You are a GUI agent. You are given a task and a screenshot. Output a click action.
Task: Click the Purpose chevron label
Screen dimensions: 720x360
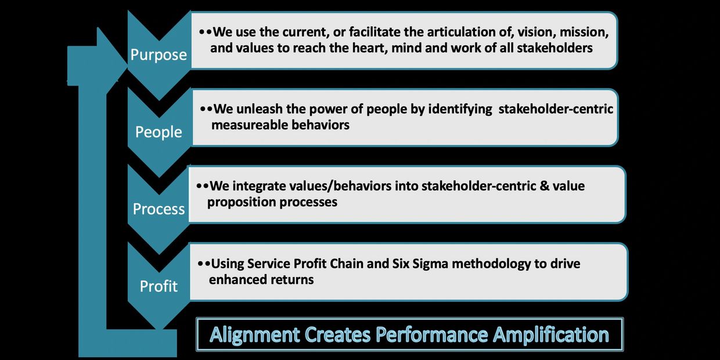159,55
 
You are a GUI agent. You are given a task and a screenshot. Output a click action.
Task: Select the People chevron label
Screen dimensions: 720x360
159,132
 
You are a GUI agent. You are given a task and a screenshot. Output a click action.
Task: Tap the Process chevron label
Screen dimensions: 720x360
159,209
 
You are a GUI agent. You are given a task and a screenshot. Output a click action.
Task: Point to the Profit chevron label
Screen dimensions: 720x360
159,286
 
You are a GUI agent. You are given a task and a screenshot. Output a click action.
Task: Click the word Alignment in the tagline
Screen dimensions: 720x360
254,335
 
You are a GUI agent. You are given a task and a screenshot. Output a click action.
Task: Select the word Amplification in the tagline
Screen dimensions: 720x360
551,335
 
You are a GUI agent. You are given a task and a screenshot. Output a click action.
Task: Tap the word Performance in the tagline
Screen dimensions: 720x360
431,334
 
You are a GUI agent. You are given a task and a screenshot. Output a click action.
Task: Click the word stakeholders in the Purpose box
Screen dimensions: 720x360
555,48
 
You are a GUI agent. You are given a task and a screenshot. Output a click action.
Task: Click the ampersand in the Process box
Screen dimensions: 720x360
544,186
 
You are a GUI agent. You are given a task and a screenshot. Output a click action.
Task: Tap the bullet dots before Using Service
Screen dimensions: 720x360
204,264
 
